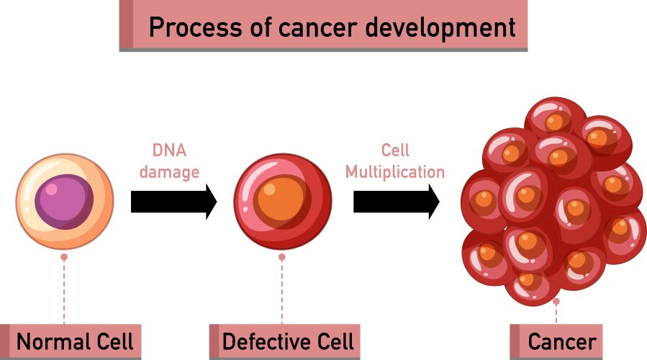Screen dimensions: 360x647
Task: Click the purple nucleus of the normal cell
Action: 64,201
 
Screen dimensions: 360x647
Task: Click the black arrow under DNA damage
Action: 173,202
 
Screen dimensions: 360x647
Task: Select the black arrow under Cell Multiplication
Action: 396,202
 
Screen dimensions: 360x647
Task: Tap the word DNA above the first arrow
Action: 169,150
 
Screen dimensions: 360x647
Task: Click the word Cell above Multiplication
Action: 395,150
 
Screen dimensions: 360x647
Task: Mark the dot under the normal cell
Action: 64,256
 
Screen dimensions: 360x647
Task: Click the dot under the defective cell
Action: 282,256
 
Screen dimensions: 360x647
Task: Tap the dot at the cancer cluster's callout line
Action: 556,301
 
